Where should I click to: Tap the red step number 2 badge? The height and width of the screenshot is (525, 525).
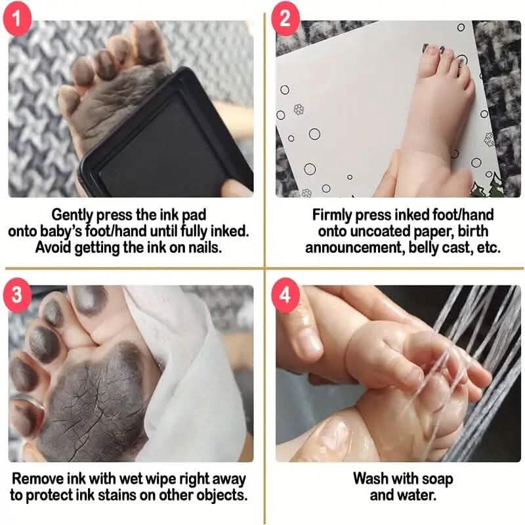pyautogui.click(x=285, y=19)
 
